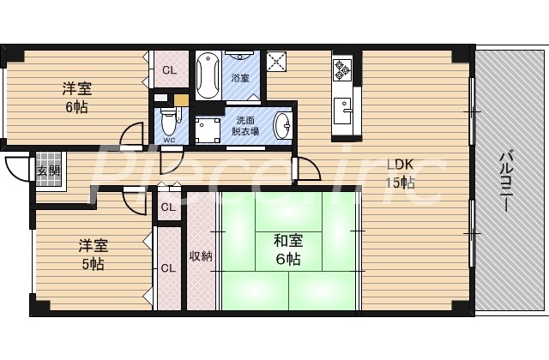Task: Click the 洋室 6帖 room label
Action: pos(76,97)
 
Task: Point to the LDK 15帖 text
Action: pos(400,173)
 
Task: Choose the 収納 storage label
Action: pos(201,255)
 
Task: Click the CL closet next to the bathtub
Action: pos(169,70)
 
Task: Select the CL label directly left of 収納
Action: pos(168,267)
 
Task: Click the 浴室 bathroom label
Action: pos(240,78)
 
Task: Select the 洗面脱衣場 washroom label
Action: pos(239,127)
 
